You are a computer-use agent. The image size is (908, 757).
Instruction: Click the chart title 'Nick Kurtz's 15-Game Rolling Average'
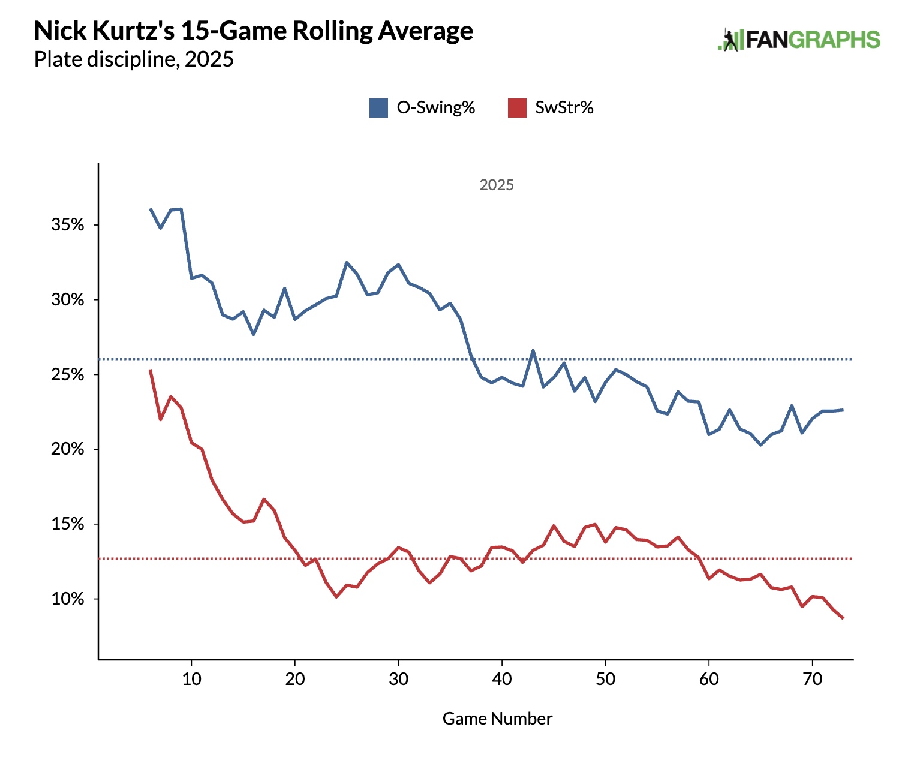pos(253,31)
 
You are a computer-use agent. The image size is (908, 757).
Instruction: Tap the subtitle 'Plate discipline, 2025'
pos(133,59)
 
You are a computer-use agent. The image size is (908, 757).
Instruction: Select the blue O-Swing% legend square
pos(378,108)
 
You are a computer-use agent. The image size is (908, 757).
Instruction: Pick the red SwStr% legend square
pos(517,108)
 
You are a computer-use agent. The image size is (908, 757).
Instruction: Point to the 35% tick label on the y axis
pos(67,225)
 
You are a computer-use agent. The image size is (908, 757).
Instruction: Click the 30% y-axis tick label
pos(67,300)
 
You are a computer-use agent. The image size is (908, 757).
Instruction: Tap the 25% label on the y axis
pos(67,375)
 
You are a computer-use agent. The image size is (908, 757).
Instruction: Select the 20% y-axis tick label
pos(67,449)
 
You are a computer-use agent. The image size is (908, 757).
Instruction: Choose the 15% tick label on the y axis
pos(67,524)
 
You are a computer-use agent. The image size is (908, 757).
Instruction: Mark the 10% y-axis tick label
pos(67,599)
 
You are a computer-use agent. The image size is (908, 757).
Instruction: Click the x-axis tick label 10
pos(191,679)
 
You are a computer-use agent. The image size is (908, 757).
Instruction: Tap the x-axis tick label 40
pos(502,679)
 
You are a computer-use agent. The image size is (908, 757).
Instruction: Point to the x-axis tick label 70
pos(812,679)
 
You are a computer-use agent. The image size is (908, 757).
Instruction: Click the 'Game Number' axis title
pos(497,719)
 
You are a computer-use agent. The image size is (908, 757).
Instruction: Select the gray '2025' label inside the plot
pos(497,185)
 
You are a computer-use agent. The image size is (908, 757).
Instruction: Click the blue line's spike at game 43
pos(533,350)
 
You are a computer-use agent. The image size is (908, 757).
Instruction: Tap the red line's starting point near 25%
pos(150,370)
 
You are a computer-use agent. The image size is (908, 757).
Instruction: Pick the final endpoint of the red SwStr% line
pos(843,618)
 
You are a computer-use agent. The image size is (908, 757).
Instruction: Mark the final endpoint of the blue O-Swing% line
pos(843,410)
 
